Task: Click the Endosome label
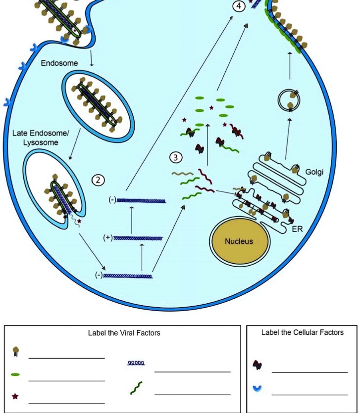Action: pos(59,63)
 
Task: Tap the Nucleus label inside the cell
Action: pos(239,241)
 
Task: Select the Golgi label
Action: pos(314,172)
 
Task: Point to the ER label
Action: pos(297,229)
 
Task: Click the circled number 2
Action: pos(99,180)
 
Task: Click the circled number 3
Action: pos(176,158)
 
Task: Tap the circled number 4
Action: pos(240,6)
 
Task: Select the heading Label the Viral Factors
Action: pos(124,333)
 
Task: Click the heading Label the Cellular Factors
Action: pos(302,332)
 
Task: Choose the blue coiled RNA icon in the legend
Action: pos(136,363)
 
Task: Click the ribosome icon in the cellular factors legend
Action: pos(257,365)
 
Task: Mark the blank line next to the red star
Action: pos(66,403)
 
